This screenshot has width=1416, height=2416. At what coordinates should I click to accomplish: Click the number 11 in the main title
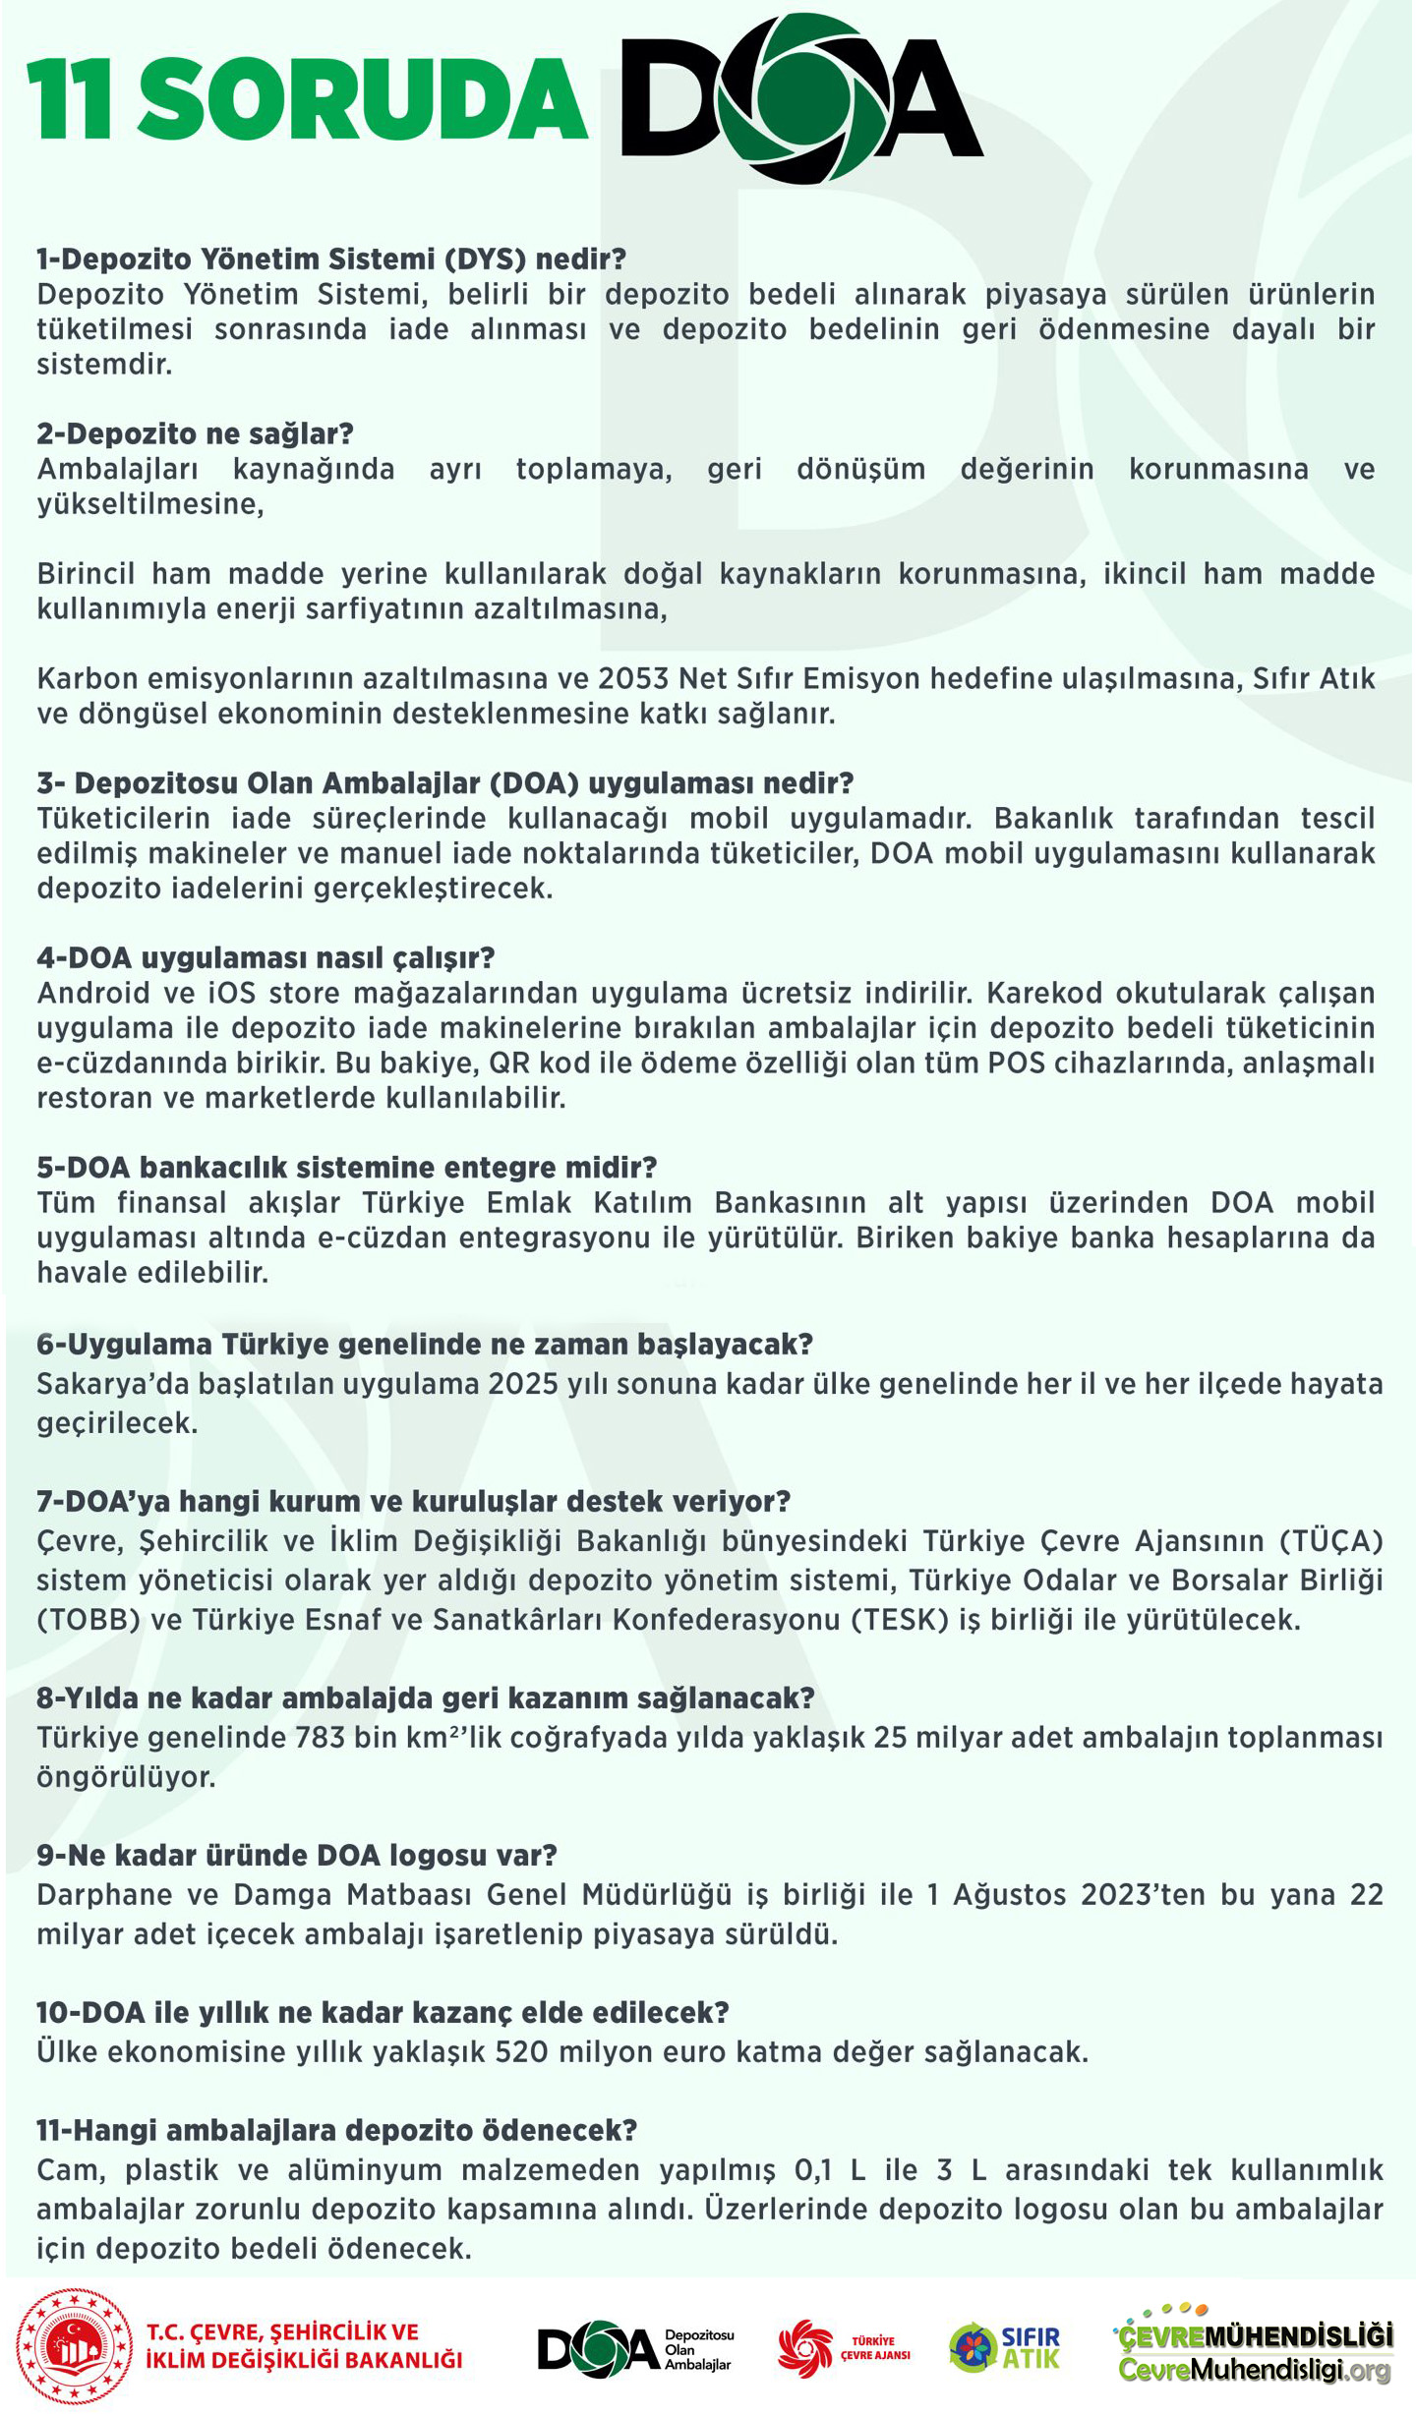pyautogui.click(x=70, y=99)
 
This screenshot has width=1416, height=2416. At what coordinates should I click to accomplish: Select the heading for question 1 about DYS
pyautogui.click(x=331, y=259)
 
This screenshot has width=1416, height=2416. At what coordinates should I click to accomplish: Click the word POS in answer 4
pyautogui.click(x=1017, y=1063)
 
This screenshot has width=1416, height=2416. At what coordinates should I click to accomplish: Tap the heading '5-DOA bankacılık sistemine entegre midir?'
pyautogui.click(x=346, y=1168)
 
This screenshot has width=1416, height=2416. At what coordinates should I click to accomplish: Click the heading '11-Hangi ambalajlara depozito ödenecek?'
pyautogui.click(x=336, y=2131)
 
